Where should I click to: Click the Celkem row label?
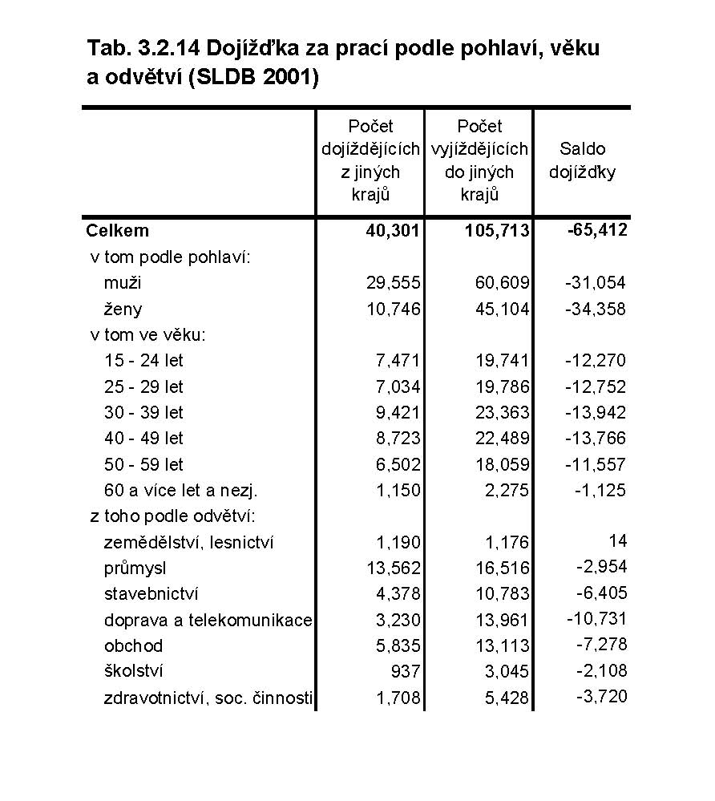[117, 231]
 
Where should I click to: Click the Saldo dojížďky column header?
[583, 160]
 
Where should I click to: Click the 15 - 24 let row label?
[143, 361]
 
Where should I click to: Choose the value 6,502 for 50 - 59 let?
[398, 465]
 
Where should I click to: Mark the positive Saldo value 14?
[617, 540]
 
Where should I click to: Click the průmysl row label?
[135, 568]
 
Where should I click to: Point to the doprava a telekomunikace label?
[208, 621]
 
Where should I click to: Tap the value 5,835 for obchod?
[398, 646]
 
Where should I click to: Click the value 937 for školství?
[405, 672]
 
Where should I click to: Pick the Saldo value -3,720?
[601, 697]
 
